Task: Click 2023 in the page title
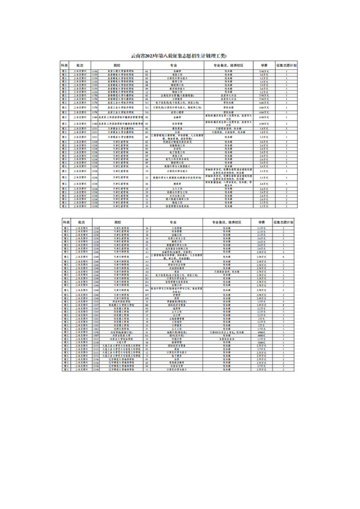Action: click(x=156, y=57)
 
